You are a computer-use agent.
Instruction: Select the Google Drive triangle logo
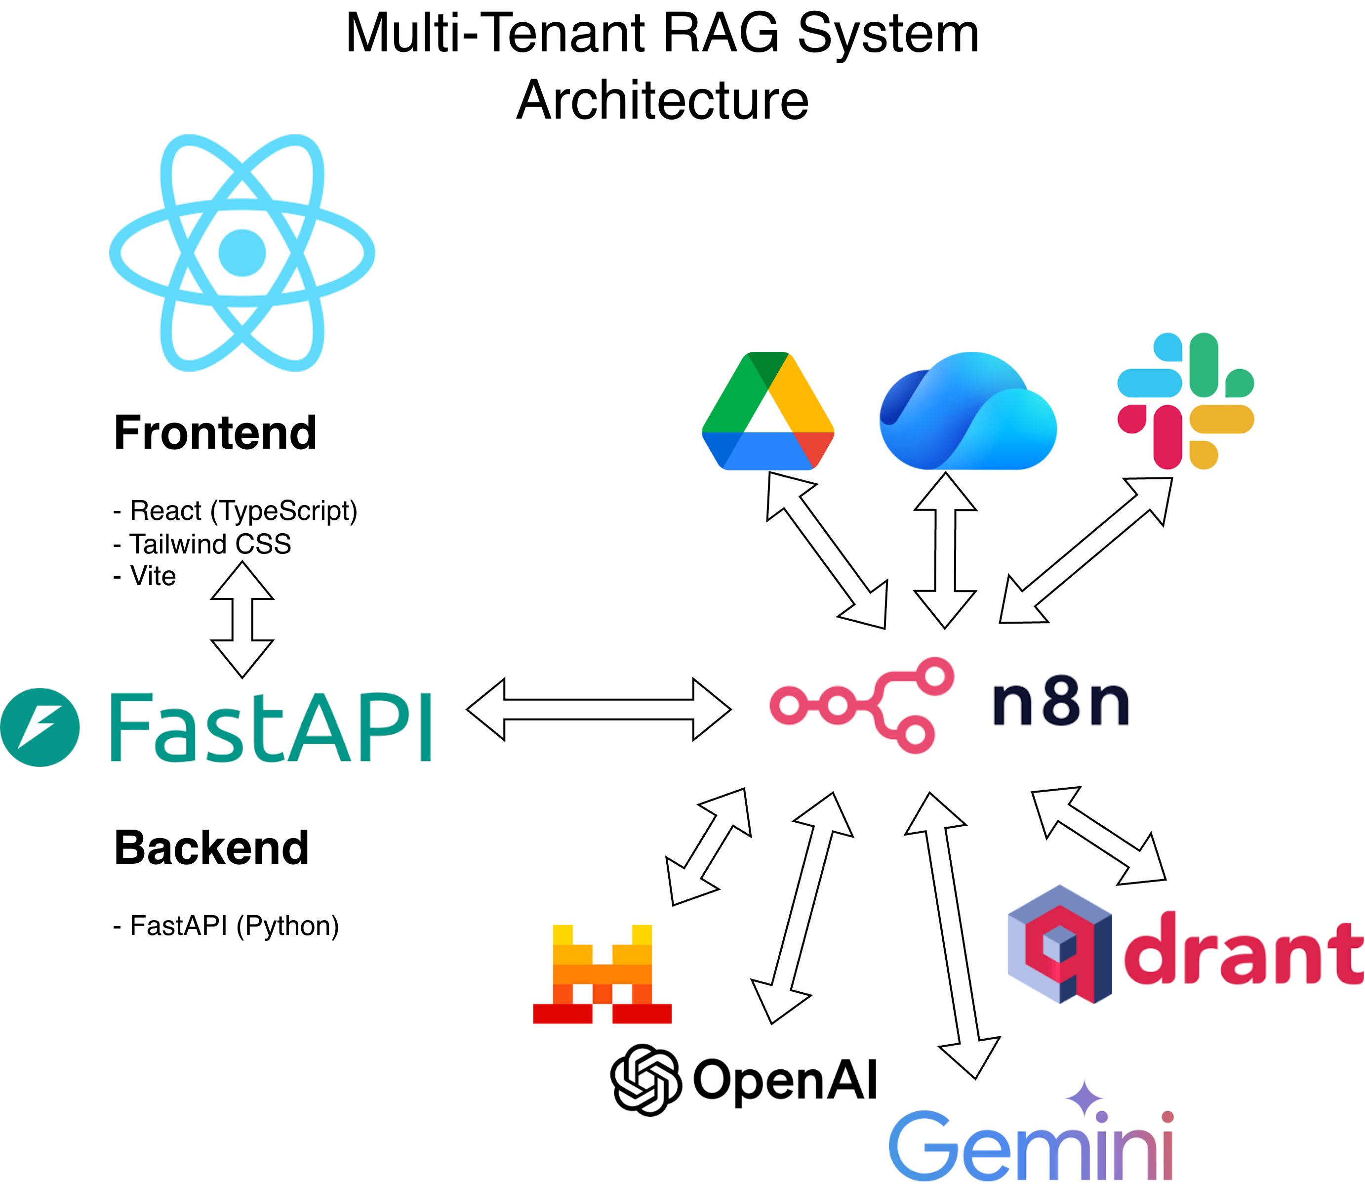[767, 411]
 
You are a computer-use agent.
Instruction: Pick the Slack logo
[1185, 401]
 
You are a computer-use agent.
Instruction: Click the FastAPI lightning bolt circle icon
[40, 727]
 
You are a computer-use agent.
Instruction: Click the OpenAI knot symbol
[645, 1080]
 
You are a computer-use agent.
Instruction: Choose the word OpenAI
[785, 1080]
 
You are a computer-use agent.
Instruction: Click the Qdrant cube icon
[1059, 944]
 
